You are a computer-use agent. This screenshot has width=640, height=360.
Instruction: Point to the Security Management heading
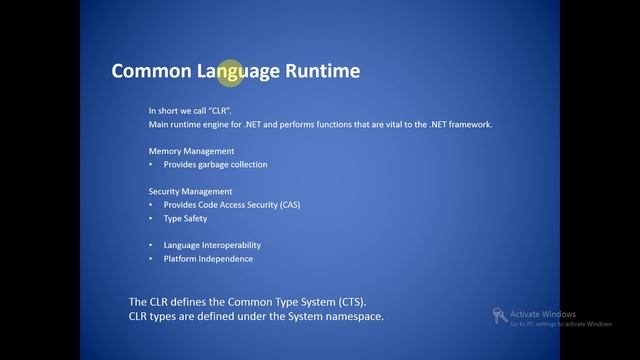tap(190, 191)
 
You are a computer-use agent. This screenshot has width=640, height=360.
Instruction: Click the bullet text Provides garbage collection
tap(215, 164)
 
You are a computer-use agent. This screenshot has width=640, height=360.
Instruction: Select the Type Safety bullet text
tap(185, 218)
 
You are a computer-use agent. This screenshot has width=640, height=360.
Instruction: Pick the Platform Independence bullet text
tap(208, 259)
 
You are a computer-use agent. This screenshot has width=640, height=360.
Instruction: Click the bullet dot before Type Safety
tap(152, 218)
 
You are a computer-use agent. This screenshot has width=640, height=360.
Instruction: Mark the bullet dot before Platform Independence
tap(152, 259)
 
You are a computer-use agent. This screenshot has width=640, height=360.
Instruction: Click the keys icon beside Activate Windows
tap(498, 316)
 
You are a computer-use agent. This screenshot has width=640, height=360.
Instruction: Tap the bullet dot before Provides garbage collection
tap(152, 164)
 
